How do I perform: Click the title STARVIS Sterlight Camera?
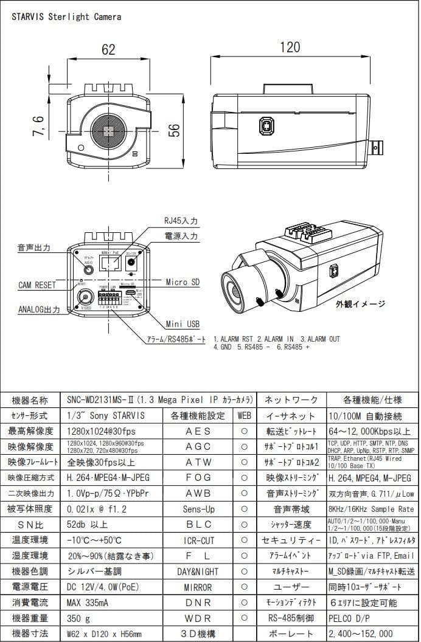click(67, 17)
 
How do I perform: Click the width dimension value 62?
click(108, 50)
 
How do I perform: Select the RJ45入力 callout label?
click(181, 221)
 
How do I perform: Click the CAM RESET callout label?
click(37, 285)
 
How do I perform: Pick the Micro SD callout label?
click(183, 282)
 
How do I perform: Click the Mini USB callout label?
click(183, 324)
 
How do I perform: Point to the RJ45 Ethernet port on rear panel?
click(110, 263)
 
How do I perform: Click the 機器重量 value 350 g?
click(78, 618)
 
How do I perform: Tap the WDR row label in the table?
click(198, 618)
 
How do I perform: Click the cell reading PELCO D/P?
click(350, 618)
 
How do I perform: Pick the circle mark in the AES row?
click(244, 432)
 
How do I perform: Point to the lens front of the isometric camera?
click(234, 292)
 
